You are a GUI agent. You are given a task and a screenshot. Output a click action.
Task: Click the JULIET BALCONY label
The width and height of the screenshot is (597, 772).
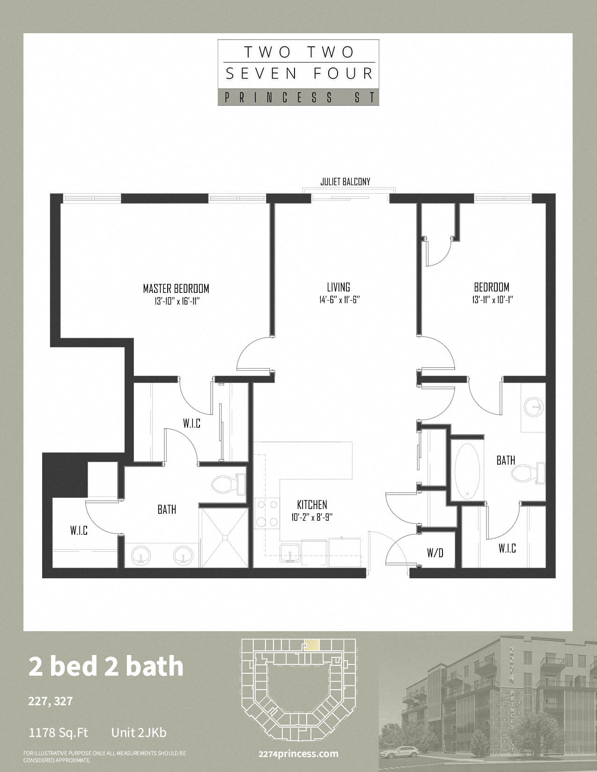tap(345, 182)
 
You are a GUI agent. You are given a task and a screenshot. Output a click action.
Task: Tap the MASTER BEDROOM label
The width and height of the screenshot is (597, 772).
tap(176, 288)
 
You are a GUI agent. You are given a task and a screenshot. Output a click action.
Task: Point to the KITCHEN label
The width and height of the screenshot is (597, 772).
tap(312, 504)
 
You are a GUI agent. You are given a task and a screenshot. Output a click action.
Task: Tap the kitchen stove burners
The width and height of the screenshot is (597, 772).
tap(267, 513)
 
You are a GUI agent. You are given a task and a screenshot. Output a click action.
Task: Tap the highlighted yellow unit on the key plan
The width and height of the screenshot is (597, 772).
tap(312, 645)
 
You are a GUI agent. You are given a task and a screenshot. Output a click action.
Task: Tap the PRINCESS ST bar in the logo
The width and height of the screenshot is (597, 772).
tap(298, 97)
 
